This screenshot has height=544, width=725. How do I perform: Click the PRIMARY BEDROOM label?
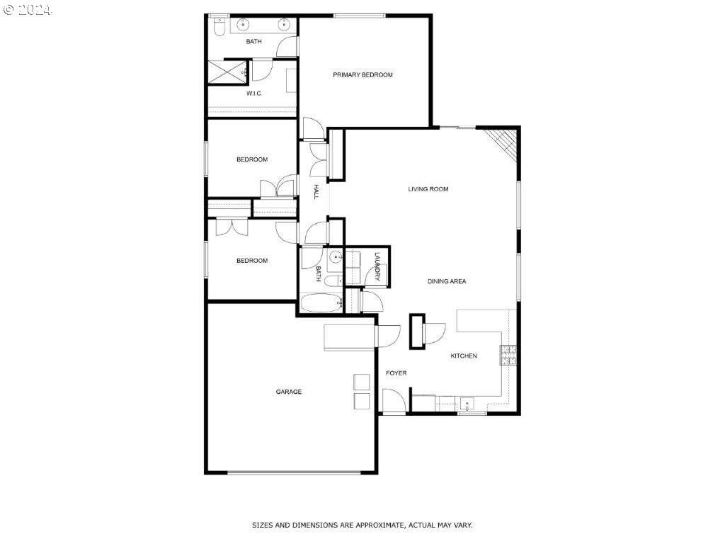point(362,75)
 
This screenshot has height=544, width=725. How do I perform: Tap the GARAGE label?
point(289,392)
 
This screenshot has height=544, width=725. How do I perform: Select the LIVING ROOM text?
point(428,189)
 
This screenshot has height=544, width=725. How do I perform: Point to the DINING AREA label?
point(447,281)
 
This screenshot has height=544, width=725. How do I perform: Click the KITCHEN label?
point(464,356)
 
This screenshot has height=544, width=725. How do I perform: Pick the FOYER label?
point(396,373)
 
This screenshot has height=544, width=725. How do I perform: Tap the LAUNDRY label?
point(377,266)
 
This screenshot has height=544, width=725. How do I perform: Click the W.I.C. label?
point(254,93)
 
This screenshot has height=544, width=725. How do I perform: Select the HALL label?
point(316,192)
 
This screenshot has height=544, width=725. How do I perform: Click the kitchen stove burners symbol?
point(508,356)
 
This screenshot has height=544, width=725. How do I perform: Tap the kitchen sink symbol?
point(467,404)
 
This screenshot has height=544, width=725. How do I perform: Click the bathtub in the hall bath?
point(321,303)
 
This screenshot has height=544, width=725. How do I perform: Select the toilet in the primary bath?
point(219,26)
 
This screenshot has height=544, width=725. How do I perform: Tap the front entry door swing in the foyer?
point(394,401)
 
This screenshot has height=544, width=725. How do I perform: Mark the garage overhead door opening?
point(294,472)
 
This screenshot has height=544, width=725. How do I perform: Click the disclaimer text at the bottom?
point(362,525)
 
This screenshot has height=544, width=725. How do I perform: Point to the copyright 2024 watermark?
point(28,10)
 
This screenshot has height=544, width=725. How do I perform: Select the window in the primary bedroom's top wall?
point(360,16)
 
